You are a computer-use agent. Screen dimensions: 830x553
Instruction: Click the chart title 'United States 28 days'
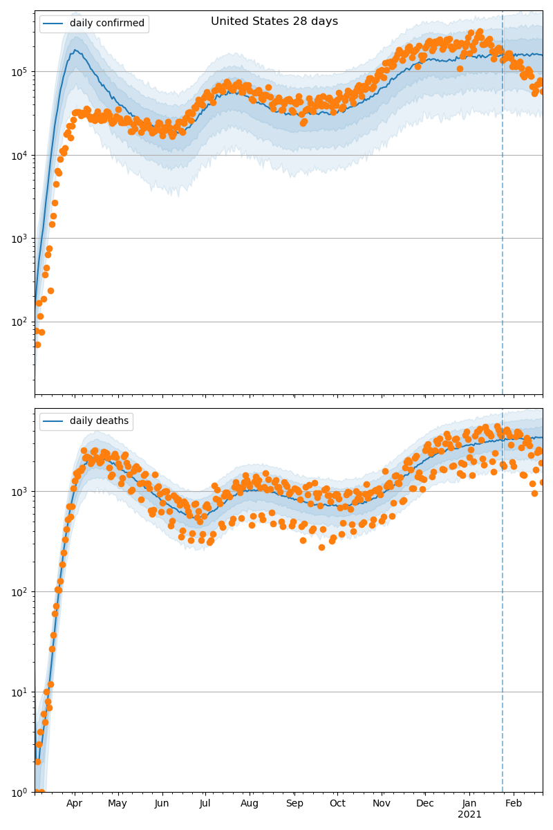pyautogui.click(x=274, y=21)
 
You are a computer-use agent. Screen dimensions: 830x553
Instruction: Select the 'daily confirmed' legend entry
pyautogui.click(x=106, y=24)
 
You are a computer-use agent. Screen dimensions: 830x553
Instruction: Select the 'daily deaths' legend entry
pyautogui.click(x=99, y=421)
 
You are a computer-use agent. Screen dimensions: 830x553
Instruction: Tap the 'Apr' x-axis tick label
pyautogui.click(x=74, y=803)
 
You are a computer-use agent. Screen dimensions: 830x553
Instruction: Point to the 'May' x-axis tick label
pyautogui.click(x=118, y=803)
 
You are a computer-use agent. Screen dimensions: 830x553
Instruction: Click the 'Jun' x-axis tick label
pyautogui.click(x=162, y=803)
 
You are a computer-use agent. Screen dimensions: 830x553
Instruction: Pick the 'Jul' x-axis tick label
pyautogui.click(x=205, y=803)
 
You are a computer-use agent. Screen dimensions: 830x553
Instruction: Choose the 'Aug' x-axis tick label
pyautogui.click(x=250, y=803)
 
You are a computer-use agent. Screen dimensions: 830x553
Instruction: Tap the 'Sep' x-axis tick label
pyautogui.click(x=294, y=803)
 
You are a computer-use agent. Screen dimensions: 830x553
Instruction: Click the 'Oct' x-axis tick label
pyautogui.click(x=337, y=803)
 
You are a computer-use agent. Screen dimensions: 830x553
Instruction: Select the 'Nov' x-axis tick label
pyautogui.click(x=382, y=803)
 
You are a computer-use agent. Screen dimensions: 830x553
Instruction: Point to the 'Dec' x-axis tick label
pyautogui.click(x=425, y=803)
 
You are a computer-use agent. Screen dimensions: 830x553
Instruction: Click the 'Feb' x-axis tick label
pyautogui.click(x=514, y=803)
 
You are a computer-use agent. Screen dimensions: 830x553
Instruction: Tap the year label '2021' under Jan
pyautogui.click(x=469, y=815)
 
